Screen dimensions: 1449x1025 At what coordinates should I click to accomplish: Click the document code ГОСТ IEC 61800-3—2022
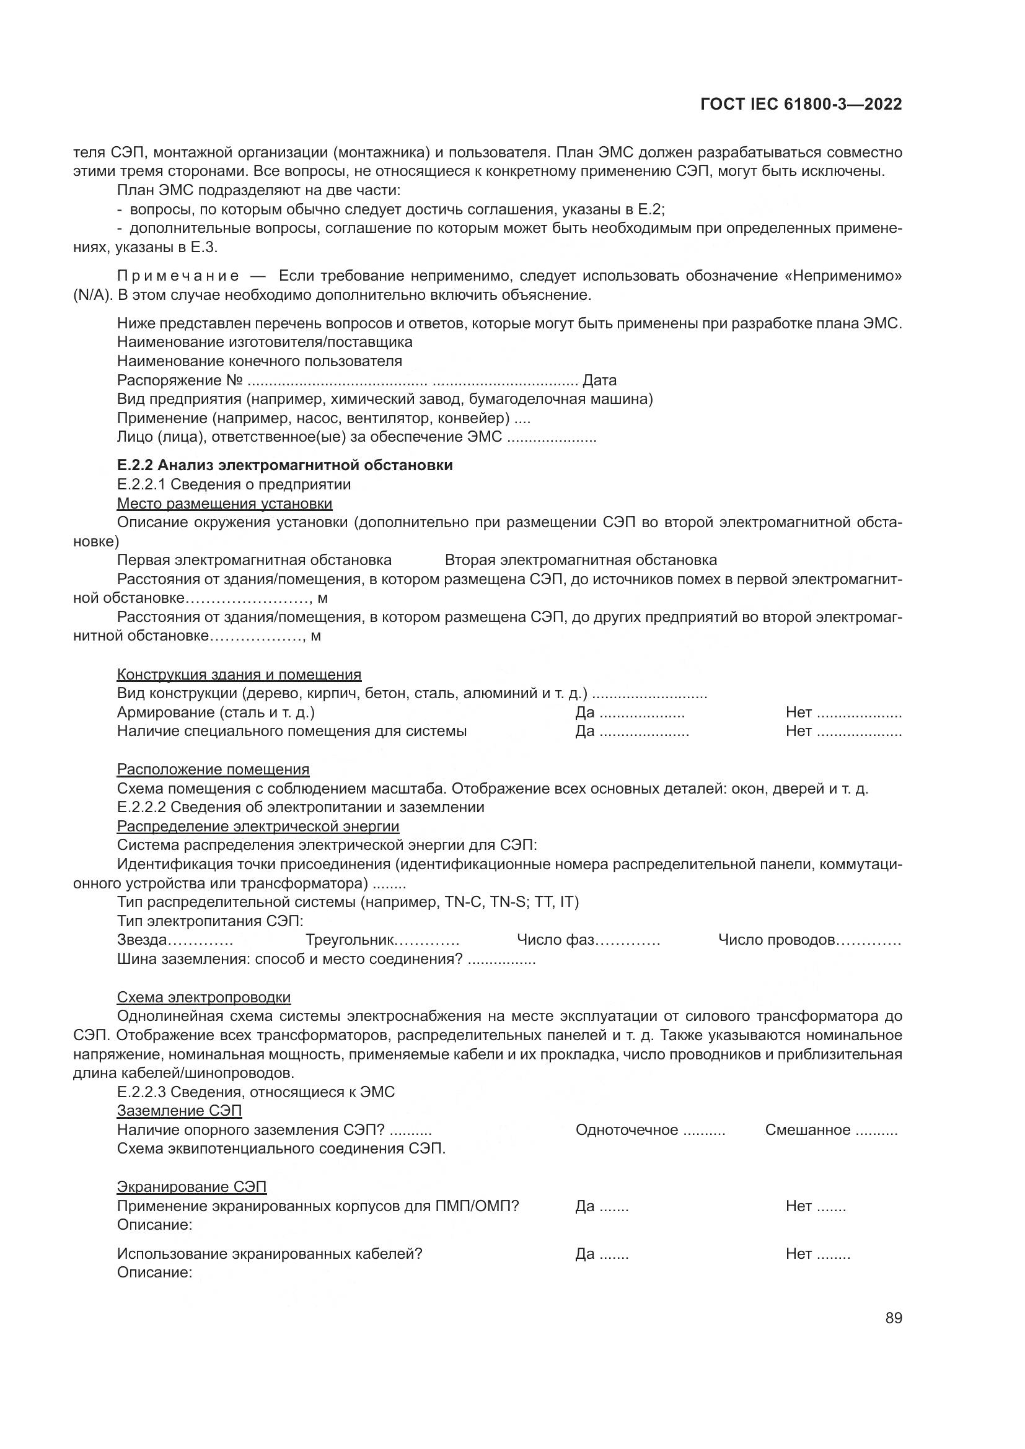tap(800, 105)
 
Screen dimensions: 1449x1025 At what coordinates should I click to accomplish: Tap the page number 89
tap(894, 1318)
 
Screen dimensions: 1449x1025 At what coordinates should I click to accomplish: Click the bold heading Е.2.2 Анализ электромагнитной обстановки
tap(284, 465)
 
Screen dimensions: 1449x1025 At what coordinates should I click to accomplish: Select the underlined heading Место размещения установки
tap(225, 504)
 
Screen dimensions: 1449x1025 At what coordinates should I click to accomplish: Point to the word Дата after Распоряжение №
tap(599, 380)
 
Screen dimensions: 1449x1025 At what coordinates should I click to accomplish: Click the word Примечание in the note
tap(178, 276)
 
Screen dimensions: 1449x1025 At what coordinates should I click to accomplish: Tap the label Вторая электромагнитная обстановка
tap(581, 560)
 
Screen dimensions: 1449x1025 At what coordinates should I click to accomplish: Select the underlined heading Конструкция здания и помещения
tap(239, 674)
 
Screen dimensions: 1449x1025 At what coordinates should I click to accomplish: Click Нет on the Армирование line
tap(798, 712)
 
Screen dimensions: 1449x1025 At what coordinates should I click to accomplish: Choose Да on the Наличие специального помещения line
tap(584, 732)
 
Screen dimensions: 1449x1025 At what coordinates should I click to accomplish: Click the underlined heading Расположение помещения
tap(213, 769)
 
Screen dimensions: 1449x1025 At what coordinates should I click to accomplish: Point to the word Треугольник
tap(350, 940)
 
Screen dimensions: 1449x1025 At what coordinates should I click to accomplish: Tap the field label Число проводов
tap(776, 940)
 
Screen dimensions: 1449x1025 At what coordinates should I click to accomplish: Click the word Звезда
tap(142, 940)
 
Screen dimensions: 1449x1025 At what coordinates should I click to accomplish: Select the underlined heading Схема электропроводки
tap(204, 997)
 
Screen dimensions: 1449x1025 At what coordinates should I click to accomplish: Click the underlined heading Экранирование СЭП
tap(192, 1186)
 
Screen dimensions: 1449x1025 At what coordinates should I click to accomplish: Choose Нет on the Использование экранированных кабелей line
tap(798, 1253)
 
